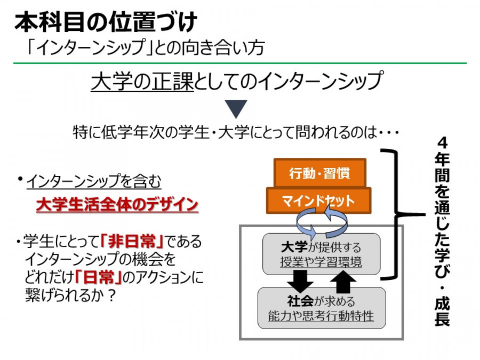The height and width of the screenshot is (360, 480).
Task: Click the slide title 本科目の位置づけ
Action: [106, 22]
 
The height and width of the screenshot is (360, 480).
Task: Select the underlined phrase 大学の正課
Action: [142, 81]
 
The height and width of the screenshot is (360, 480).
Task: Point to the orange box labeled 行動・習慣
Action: [320, 173]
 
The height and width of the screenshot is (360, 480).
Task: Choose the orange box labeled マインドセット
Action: [319, 201]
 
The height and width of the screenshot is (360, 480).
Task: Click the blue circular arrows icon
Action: [322, 223]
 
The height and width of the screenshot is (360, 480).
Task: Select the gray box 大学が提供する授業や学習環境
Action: [322, 254]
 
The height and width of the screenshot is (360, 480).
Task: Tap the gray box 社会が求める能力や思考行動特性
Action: [322, 308]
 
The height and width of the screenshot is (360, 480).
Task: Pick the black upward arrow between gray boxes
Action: [343, 282]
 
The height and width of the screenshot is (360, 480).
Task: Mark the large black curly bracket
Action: [398, 214]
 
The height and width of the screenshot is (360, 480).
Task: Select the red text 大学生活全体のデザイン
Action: [117, 204]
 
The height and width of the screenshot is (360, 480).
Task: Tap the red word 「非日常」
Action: [132, 242]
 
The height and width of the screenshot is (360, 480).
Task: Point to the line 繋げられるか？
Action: [70, 295]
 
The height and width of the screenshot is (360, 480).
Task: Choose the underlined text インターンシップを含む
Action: [94, 181]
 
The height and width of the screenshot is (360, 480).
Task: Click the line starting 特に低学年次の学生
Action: [236, 133]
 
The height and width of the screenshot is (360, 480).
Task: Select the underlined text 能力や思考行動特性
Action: [321, 316]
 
